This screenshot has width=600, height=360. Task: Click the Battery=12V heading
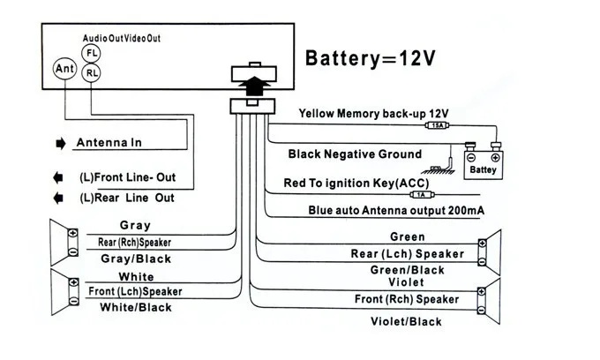[370, 58]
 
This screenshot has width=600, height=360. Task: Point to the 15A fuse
[438, 125]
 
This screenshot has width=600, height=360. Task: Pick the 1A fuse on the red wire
[421, 195]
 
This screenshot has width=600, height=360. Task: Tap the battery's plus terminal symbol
[495, 158]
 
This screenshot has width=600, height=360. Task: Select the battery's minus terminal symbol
[471, 158]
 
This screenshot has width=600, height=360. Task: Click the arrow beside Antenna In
[61, 144]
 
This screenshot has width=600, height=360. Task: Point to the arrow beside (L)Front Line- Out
[58, 178]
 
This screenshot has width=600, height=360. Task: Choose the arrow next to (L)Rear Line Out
[58, 199]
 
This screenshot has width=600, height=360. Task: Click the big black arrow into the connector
[254, 86]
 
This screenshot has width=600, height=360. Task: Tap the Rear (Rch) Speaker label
[134, 242]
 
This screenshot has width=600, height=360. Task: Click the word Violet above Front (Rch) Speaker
[406, 282]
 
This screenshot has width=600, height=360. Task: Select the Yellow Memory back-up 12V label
[373, 114]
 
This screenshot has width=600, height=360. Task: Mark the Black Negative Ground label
[355, 154]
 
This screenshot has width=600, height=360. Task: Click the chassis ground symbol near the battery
[439, 169]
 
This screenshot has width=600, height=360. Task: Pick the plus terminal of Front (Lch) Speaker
[74, 282]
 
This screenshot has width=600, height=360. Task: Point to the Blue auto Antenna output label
[396, 210]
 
